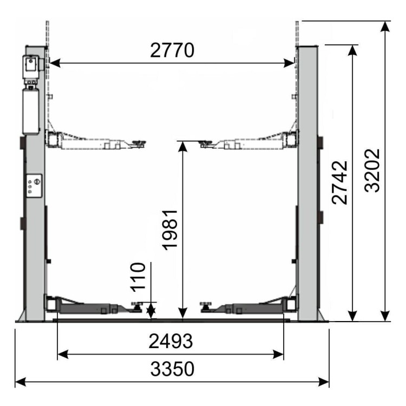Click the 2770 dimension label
[172, 50]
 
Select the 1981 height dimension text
[171, 229]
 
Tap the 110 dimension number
[138, 276]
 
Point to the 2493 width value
[171, 342]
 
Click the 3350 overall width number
[172, 369]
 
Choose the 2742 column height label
[339, 182]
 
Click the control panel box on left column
[34, 186]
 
